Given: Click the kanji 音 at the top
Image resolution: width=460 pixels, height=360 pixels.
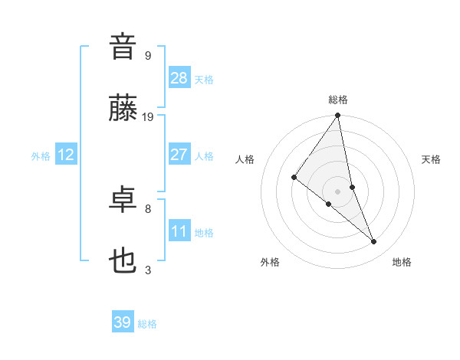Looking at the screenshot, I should pos(123,47).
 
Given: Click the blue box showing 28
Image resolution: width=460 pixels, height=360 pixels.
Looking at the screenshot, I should pos(179,77).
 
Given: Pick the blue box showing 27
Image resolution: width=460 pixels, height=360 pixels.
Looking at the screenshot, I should pos(179,155).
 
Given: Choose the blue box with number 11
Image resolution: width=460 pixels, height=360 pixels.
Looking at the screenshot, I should pos(179,231).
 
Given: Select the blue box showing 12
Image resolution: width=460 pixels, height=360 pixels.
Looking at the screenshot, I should pos(66,155).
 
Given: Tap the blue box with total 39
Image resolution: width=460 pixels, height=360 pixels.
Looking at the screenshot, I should pos(123,322).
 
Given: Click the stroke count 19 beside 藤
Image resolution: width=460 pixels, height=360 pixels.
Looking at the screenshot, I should pos(148,116).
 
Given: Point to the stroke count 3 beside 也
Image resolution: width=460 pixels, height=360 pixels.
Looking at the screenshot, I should pos(148,270).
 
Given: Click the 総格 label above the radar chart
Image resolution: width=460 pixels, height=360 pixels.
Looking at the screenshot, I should pos(338,100).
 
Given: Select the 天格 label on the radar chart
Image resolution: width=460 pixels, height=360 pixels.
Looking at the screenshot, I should pos(431,159).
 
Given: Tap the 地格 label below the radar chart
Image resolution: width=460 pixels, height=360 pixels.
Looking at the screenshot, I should pos(402,262).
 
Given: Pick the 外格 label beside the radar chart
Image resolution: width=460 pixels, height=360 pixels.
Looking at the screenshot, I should pos(270,262).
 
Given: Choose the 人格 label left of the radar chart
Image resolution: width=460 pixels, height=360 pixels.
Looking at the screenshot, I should pos(245,159).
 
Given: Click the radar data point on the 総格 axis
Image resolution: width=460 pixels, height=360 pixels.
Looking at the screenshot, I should pos(338,116).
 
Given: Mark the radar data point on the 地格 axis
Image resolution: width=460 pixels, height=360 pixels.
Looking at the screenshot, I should pos(374,241).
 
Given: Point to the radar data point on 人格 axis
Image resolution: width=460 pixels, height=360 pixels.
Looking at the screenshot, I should pos(294,178).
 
